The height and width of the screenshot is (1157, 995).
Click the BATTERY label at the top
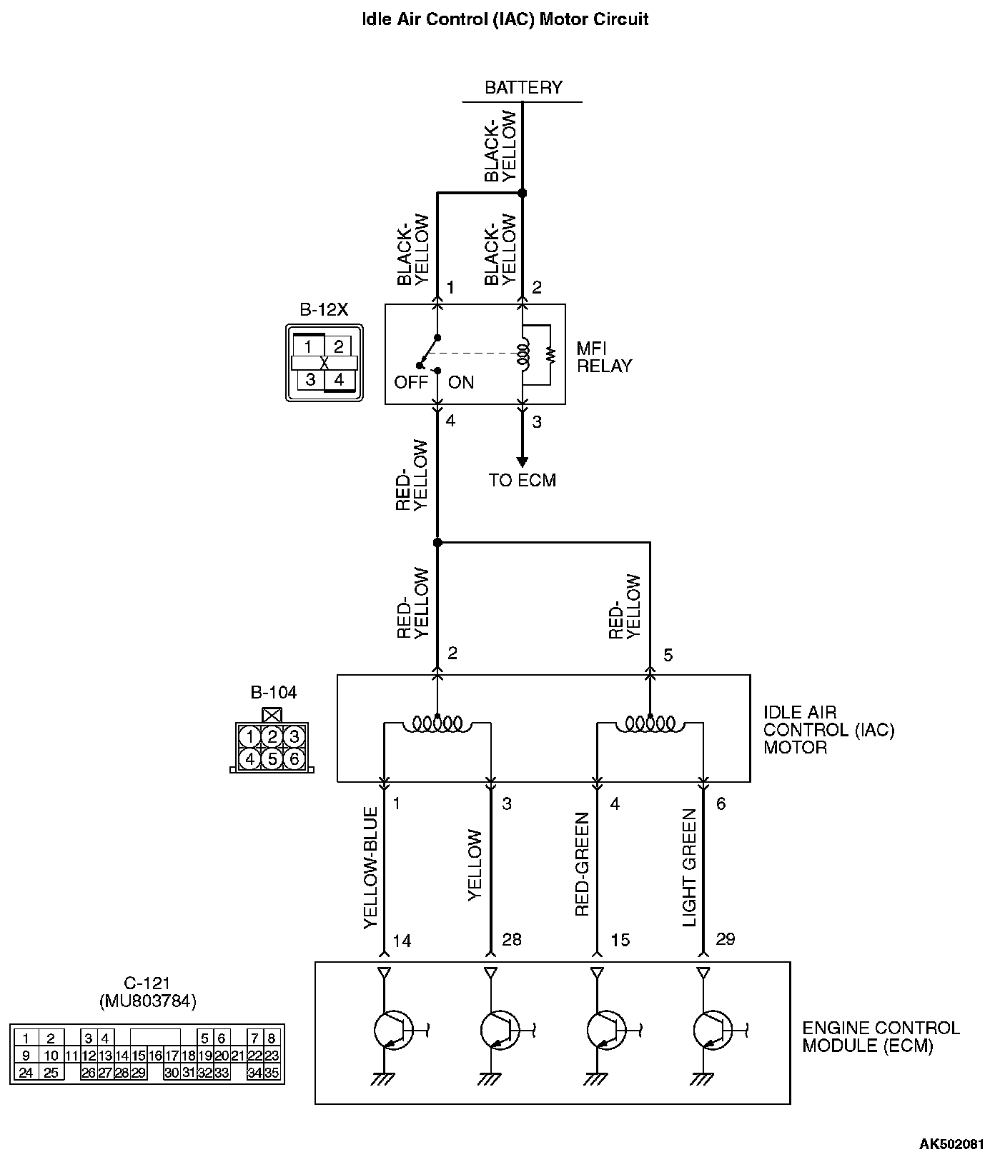[x=523, y=88]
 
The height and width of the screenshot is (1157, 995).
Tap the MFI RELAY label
[x=604, y=357]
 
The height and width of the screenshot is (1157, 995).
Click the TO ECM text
[x=522, y=481]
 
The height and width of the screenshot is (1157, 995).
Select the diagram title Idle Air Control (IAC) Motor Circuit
[x=505, y=19]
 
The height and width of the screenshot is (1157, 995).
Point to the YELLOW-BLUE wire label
[x=370, y=868]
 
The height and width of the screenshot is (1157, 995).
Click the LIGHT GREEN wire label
[x=689, y=868]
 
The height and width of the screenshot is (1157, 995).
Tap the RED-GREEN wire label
[x=582, y=864]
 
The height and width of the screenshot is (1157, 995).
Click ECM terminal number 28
[x=512, y=939]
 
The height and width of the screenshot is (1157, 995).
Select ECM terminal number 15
[x=620, y=941]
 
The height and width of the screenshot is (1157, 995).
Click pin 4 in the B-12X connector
[x=339, y=380]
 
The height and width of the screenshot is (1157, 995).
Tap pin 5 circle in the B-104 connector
[x=272, y=758]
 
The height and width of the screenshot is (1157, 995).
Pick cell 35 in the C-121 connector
[x=272, y=1073]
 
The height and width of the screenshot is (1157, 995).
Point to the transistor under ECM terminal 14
[x=392, y=1030]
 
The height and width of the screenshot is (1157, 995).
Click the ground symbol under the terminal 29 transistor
[x=703, y=1078]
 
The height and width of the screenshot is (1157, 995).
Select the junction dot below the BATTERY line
[x=522, y=193]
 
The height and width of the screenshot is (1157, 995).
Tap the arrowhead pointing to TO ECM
[x=522, y=461]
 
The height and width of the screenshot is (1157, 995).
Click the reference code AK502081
[x=951, y=1145]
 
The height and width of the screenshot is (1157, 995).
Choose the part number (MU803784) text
[x=147, y=1001]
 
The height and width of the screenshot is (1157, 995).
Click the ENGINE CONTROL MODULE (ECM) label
[x=880, y=1037]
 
